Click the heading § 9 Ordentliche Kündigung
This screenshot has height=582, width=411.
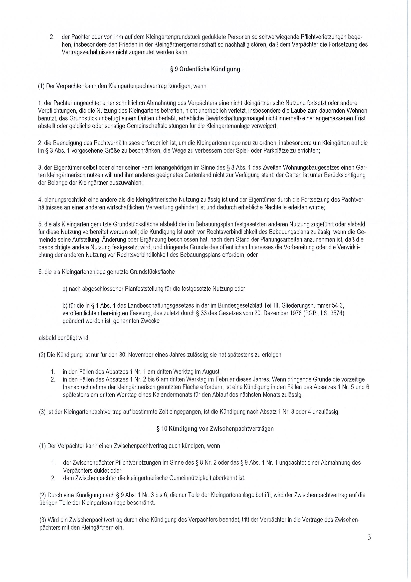[x=205, y=69]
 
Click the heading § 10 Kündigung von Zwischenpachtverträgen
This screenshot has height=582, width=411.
[x=215, y=429]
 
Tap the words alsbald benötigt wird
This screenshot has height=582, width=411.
[x=64, y=338]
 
